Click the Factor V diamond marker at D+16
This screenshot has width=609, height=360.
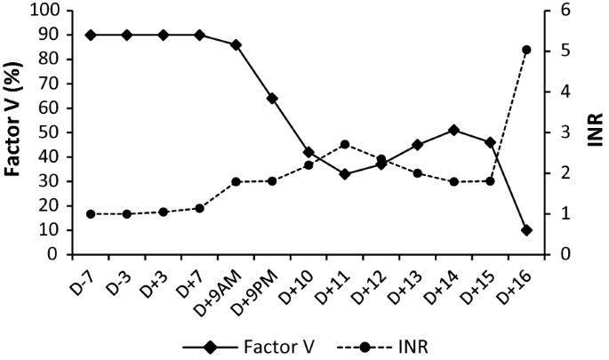click(x=526, y=230)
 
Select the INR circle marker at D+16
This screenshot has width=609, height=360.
click(x=526, y=50)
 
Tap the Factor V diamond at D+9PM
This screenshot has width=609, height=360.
click(x=272, y=99)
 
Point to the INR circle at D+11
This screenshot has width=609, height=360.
click(x=345, y=144)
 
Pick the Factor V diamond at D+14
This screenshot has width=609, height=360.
click(x=453, y=130)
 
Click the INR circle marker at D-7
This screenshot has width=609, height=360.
click(x=91, y=214)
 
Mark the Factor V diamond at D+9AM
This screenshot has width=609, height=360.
click(x=236, y=44)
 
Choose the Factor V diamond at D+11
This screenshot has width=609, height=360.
click(x=345, y=174)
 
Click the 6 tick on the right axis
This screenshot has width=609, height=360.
click(x=563, y=11)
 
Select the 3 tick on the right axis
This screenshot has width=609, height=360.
click(x=563, y=132)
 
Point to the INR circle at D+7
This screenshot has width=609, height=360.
click(x=199, y=208)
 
